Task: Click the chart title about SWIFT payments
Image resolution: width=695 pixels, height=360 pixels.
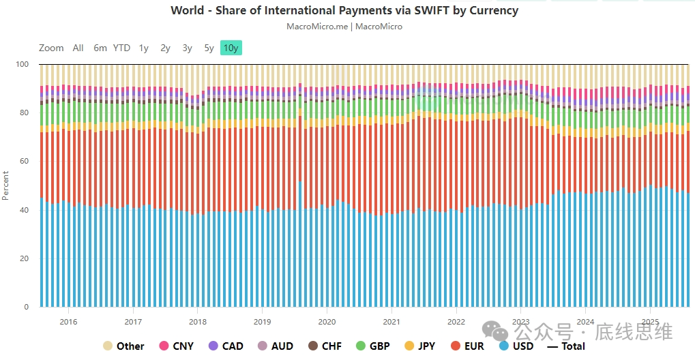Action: (344, 10)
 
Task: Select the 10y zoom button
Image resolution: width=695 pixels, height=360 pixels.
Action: (231, 48)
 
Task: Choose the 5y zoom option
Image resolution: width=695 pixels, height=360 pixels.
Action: (209, 48)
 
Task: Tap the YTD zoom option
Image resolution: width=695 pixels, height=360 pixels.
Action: (121, 48)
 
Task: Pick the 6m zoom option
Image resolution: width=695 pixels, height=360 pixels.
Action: (100, 48)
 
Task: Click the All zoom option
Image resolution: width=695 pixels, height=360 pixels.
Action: (78, 48)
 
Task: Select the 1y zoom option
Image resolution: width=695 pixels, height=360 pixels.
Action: (144, 48)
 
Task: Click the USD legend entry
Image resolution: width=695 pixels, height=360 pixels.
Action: (517, 346)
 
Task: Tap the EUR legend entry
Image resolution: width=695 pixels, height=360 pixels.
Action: (467, 346)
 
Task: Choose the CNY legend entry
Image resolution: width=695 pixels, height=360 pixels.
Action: (177, 346)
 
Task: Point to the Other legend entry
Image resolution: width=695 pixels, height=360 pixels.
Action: (123, 346)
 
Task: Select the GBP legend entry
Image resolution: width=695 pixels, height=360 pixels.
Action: (373, 346)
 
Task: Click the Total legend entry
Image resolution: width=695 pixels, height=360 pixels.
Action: (567, 346)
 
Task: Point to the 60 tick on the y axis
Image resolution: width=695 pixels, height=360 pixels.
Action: (25, 162)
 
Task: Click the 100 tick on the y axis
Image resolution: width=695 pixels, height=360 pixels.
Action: (23, 65)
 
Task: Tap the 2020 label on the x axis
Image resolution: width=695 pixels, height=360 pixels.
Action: (327, 322)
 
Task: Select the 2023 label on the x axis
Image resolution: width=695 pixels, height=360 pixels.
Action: (520, 322)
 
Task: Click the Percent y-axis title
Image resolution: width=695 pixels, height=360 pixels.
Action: (6, 185)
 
